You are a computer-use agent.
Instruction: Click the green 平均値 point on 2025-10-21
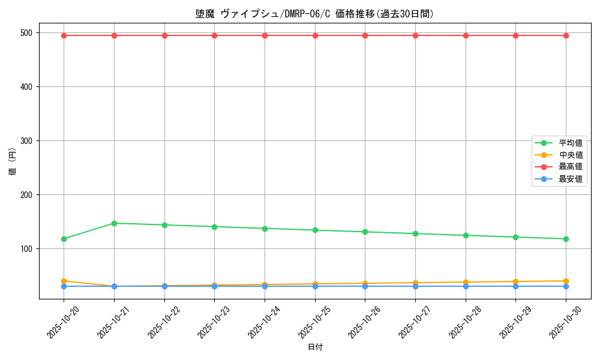pyautogui.click(x=114, y=223)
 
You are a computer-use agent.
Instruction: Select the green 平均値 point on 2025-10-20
pyautogui.click(x=64, y=239)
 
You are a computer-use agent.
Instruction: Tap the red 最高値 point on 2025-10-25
pyautogui.click(x=315, y=35)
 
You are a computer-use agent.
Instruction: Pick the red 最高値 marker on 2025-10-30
pyautogui.click(x=566, y=35)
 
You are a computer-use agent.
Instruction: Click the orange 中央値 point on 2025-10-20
pyautogui.click(x=64, y=281)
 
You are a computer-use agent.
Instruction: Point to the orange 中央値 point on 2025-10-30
pyautogui.click(x=566, y=281)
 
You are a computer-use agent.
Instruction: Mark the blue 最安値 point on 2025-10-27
pyautogui.click(x=415, y=286)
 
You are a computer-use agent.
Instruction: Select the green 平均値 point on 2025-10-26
pyautogui.click(x=365, y=232)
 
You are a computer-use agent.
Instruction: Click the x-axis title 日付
pyautogui.click(x=315, y=347)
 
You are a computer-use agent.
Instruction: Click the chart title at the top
pyautogui.click(x=315, y=14)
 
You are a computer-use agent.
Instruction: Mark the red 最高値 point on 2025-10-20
pyautogui.click(x=64, y=35)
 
